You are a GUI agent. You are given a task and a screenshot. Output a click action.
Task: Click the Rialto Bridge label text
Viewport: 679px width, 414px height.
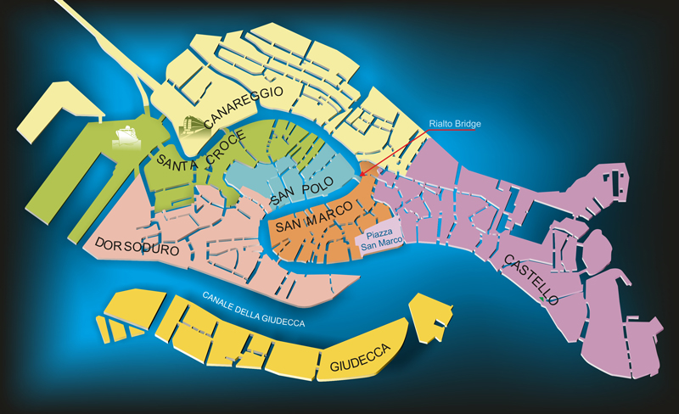(x=455, y=124)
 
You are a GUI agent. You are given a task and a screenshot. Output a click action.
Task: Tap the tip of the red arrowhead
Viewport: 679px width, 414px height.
(x=361, y=176)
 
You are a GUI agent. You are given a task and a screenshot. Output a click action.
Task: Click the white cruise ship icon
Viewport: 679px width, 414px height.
(x=125, y=136)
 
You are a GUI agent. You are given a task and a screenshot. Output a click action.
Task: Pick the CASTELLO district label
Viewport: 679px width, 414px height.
(x=530, y=278)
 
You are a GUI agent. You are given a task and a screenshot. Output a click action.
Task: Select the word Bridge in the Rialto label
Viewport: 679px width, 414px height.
(x=468, y=124)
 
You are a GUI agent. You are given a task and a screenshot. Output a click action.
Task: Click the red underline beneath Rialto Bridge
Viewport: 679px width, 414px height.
(x=455, y=131)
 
